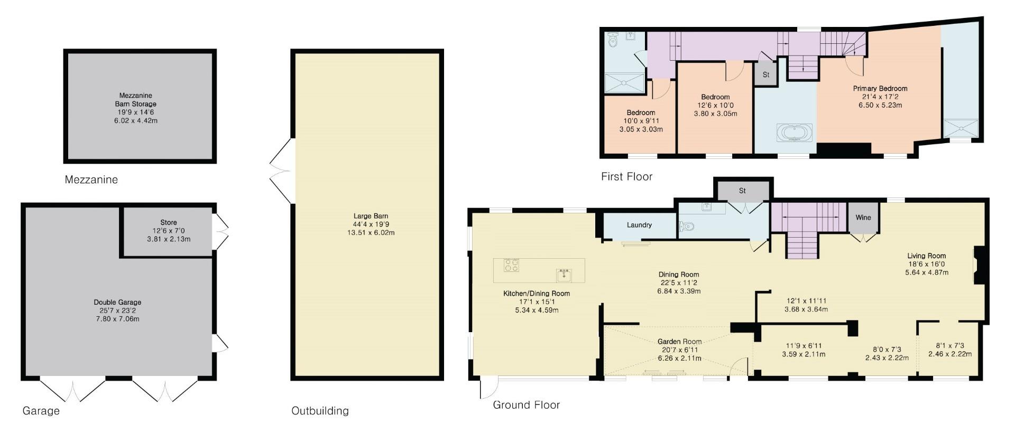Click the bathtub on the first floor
pos(793,133)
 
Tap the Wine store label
pos(863,217)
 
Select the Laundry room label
pos(639,225)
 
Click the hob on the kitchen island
pos(511,265)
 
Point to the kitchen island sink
pos(564,275)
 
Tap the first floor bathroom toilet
pos(613,40)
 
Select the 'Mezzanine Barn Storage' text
pos(136,100)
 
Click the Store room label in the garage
pos(169,222)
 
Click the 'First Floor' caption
pos(626,177)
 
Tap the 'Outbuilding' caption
pos(320,411)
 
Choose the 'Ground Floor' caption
pos(526,405)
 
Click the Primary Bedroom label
pos(880,89)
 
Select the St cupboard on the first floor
pos(765,75)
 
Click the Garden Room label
pos(679,342)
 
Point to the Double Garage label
pos(117,303)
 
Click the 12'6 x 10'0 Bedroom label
pos(715,97)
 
